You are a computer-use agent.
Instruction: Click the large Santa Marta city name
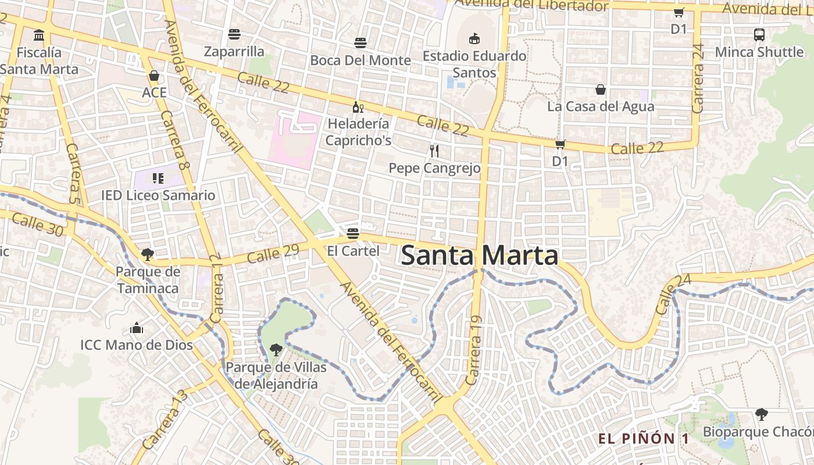pyautogui.click(x=480, y=256)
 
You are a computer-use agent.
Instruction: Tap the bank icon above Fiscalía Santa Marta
pyautogui.click(x=39, y=35)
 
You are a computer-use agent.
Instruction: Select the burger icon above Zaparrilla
pyautogui.click(x=234, y=34)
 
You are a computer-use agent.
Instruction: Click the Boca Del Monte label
pyautogui.click(x=360, y=60)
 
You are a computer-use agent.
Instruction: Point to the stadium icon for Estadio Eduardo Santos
pyautogui.click(x=474, y=39)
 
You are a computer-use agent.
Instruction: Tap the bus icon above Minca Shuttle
pyautogui.click(x=759, y=35)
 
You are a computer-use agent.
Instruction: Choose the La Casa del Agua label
pyautogui.click(x=601, y=106)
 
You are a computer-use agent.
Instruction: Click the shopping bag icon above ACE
pyautogui.click(x=154, y=76)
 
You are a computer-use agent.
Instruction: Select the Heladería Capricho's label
pyautogui.click(x=358, y=132)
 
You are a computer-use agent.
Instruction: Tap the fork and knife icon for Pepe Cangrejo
pyautogui.click(x=434, y=151)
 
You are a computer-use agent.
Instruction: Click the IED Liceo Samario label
pyautogui.click(x=158, y=195)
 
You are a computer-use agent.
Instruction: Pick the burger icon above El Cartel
pyautogui.click(x=353, y=234)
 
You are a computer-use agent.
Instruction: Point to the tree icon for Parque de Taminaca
pyautogui.click(x=148, y=254)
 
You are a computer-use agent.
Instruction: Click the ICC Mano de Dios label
pyautogui.click(x=137, y=345)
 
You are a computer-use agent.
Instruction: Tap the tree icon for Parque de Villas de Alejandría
pyautogui.click(x=276, y=349)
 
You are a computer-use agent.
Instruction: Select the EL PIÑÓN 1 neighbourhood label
pyautogui.click(x=644, y=439)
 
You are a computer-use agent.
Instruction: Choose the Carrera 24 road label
pyautogui.click(x=698, y=78)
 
